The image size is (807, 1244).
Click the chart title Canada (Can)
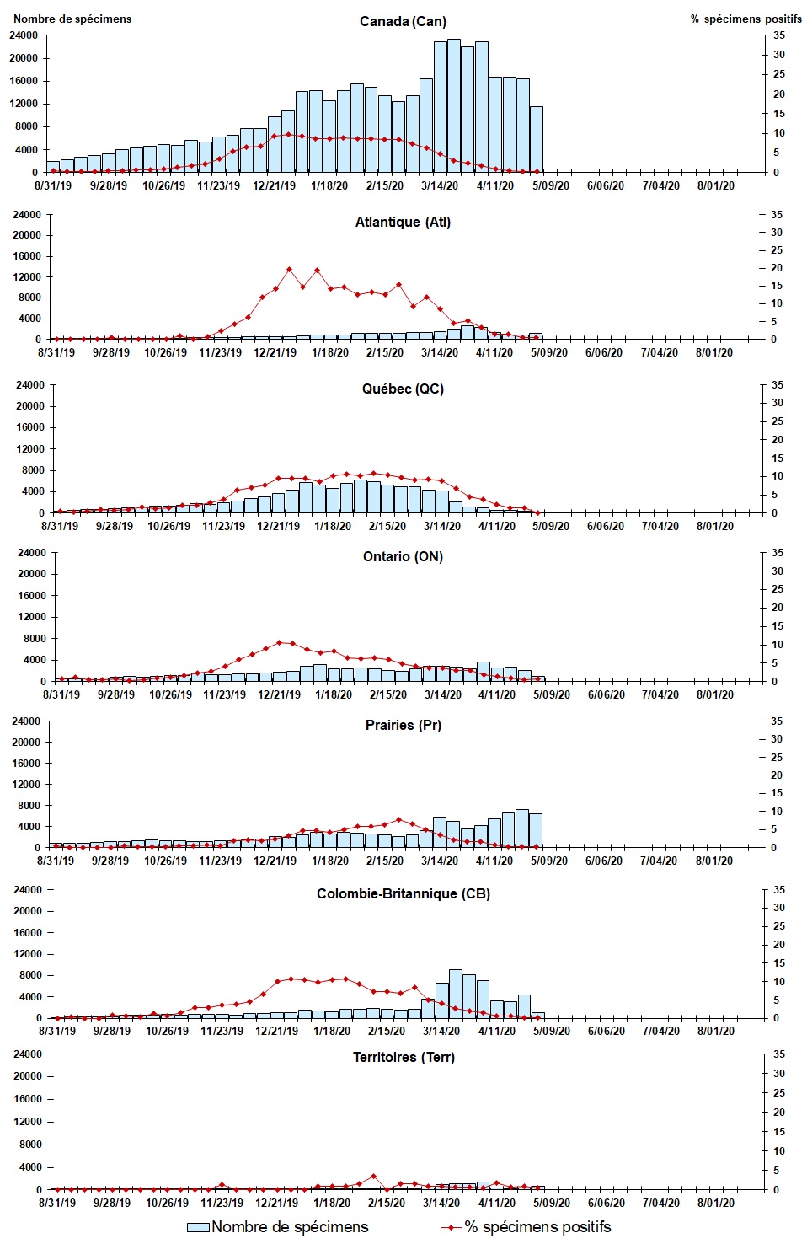403,21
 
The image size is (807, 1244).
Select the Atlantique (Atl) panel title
403,222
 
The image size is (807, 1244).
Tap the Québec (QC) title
403,389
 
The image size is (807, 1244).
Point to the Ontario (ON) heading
403,556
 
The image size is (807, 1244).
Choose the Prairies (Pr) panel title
403,725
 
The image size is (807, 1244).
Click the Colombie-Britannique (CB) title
403,893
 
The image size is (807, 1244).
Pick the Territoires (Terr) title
403,1057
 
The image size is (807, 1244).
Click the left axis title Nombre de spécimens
72,19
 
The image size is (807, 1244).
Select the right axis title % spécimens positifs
746,19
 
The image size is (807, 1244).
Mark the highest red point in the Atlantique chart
289,270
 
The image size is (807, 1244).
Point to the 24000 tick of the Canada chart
24,35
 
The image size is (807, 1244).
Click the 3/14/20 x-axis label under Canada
440,186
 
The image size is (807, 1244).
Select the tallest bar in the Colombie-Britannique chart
455,994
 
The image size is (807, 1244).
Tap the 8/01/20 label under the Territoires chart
715,1203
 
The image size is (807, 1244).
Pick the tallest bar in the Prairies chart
522,828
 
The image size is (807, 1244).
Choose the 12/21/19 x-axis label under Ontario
279,695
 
